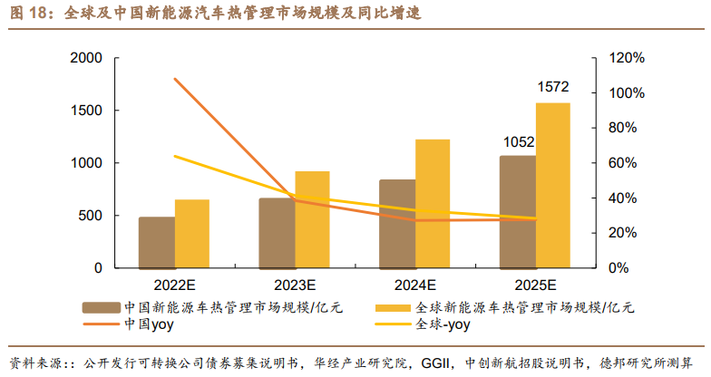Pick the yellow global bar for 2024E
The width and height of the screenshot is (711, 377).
point(433,204)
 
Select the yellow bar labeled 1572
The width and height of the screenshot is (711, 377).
point(553,186)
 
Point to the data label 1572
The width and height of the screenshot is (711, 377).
point(552,88)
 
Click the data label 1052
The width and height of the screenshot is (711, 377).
point(519,141)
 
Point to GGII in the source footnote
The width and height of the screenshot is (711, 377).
point(432,362)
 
